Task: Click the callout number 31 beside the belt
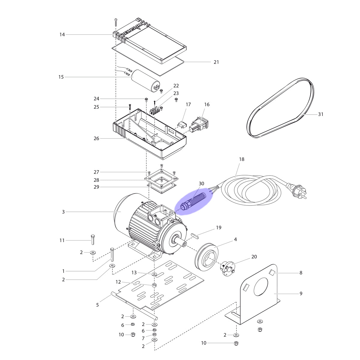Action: [x=321, y=114]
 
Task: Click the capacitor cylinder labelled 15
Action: [x=145, y=80]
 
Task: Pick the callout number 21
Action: [x=216, y=62]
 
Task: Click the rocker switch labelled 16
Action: [x=199, y=124]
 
